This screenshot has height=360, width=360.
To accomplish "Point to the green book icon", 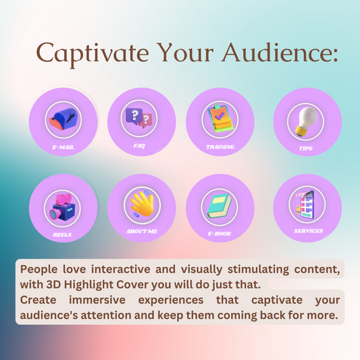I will pyautogui.click(x=220, y=204).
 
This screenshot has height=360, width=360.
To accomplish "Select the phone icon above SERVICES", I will pyautogui.click(x=307, y=204).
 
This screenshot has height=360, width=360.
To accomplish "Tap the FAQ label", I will pyautogui.click(x=139, y=145).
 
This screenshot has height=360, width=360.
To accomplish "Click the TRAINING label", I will pyautogui.click(x=220, y=146).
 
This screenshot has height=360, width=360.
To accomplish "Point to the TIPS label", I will pyautogui.click(x=305, y=148).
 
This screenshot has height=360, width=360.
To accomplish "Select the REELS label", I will pyautogui.click(x=63, y=235).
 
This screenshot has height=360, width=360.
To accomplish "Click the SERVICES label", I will pyautogui.click(x=308, y=231).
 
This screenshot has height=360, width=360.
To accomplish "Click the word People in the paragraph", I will pyautogui.click(x=38, y=269).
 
